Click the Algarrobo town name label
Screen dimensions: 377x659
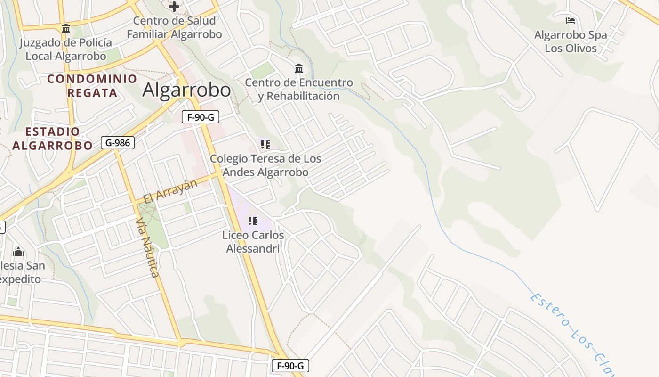point(186,90)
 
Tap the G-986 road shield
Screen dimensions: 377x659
point(118,143)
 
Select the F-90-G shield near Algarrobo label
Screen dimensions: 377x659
point(201,117)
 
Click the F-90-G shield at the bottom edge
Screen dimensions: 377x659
point(290,366)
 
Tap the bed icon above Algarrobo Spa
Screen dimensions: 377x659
point(571,21)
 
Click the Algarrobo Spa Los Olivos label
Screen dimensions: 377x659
point(571,41)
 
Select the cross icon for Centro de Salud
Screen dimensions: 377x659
point(174,7)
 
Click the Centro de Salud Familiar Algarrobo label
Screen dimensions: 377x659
point(174,27)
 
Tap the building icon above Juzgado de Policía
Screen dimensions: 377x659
point(66,29)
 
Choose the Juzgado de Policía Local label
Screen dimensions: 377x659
point(66,49)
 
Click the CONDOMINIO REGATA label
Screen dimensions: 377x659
point(92,85)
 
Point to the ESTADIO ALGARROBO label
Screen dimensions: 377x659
point(53,139)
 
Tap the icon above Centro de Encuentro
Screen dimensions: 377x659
point(299,69)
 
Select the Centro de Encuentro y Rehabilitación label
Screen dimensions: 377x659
point(299,89)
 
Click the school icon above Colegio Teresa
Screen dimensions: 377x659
point(265,145)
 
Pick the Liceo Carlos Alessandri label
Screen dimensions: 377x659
point(253,242)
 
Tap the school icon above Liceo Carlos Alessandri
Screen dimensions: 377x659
point(253,221)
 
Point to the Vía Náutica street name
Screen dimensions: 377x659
point(147,247)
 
